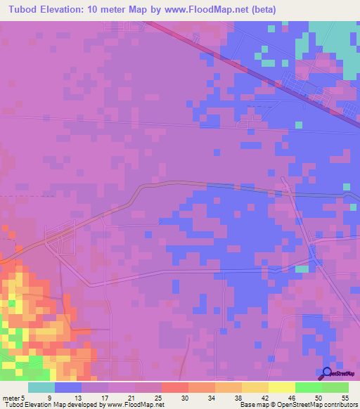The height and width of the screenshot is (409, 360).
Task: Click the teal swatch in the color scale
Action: pos(41,387)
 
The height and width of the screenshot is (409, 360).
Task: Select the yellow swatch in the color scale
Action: pos(281,387)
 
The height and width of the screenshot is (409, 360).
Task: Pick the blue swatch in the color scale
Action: pos(68,387)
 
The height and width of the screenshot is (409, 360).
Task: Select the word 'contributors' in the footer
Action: pos(340,404)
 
